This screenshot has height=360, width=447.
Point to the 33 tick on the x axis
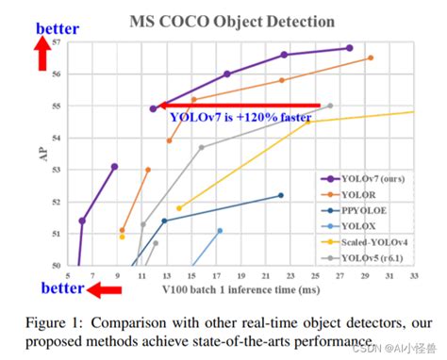pyautogui.click(x=413, y=274)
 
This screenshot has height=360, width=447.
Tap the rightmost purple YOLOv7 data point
pyautogui.click(x=349, y=48)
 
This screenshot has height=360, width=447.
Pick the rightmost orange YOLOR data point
pyautogui.click(x=371, y=58)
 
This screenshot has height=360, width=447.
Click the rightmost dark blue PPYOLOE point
pyautogui.click(x=280, y=195)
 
